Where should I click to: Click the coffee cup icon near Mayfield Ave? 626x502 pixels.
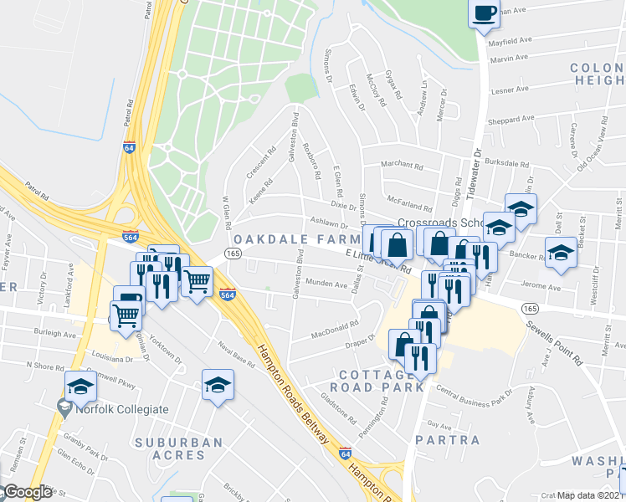(484, 14)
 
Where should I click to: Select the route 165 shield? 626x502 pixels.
(233, 254)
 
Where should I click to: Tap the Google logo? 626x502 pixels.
(28, 492)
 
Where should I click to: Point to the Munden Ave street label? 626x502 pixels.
(326, 284)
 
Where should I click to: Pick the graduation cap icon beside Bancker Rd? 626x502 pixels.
(561, 251)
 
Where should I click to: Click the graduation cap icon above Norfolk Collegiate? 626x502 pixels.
(81, 386)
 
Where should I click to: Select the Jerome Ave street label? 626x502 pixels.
(541, 287)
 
